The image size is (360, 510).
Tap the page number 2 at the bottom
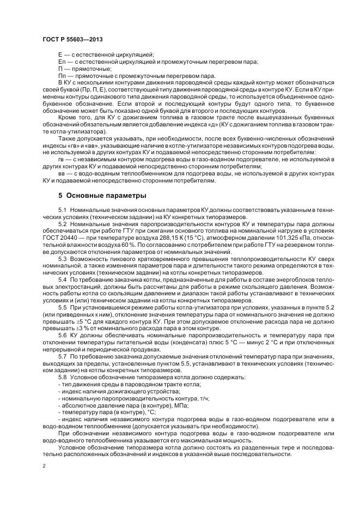[x=44, y=466]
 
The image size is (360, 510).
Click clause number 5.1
[x=62, y=210]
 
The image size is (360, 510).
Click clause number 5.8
[x=62, y=377]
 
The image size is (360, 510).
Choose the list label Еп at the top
[x=61, y=62]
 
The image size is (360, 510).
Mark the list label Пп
[x=61, y=75]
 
